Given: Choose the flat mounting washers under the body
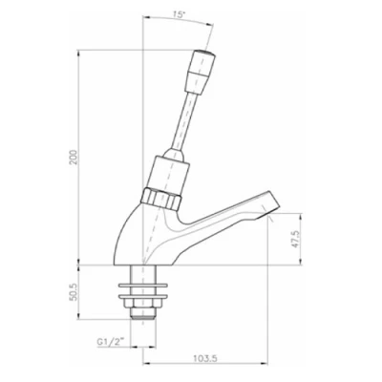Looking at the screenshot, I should click(x=145, y=285).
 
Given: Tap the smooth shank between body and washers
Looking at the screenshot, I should click(x=145, y=271).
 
